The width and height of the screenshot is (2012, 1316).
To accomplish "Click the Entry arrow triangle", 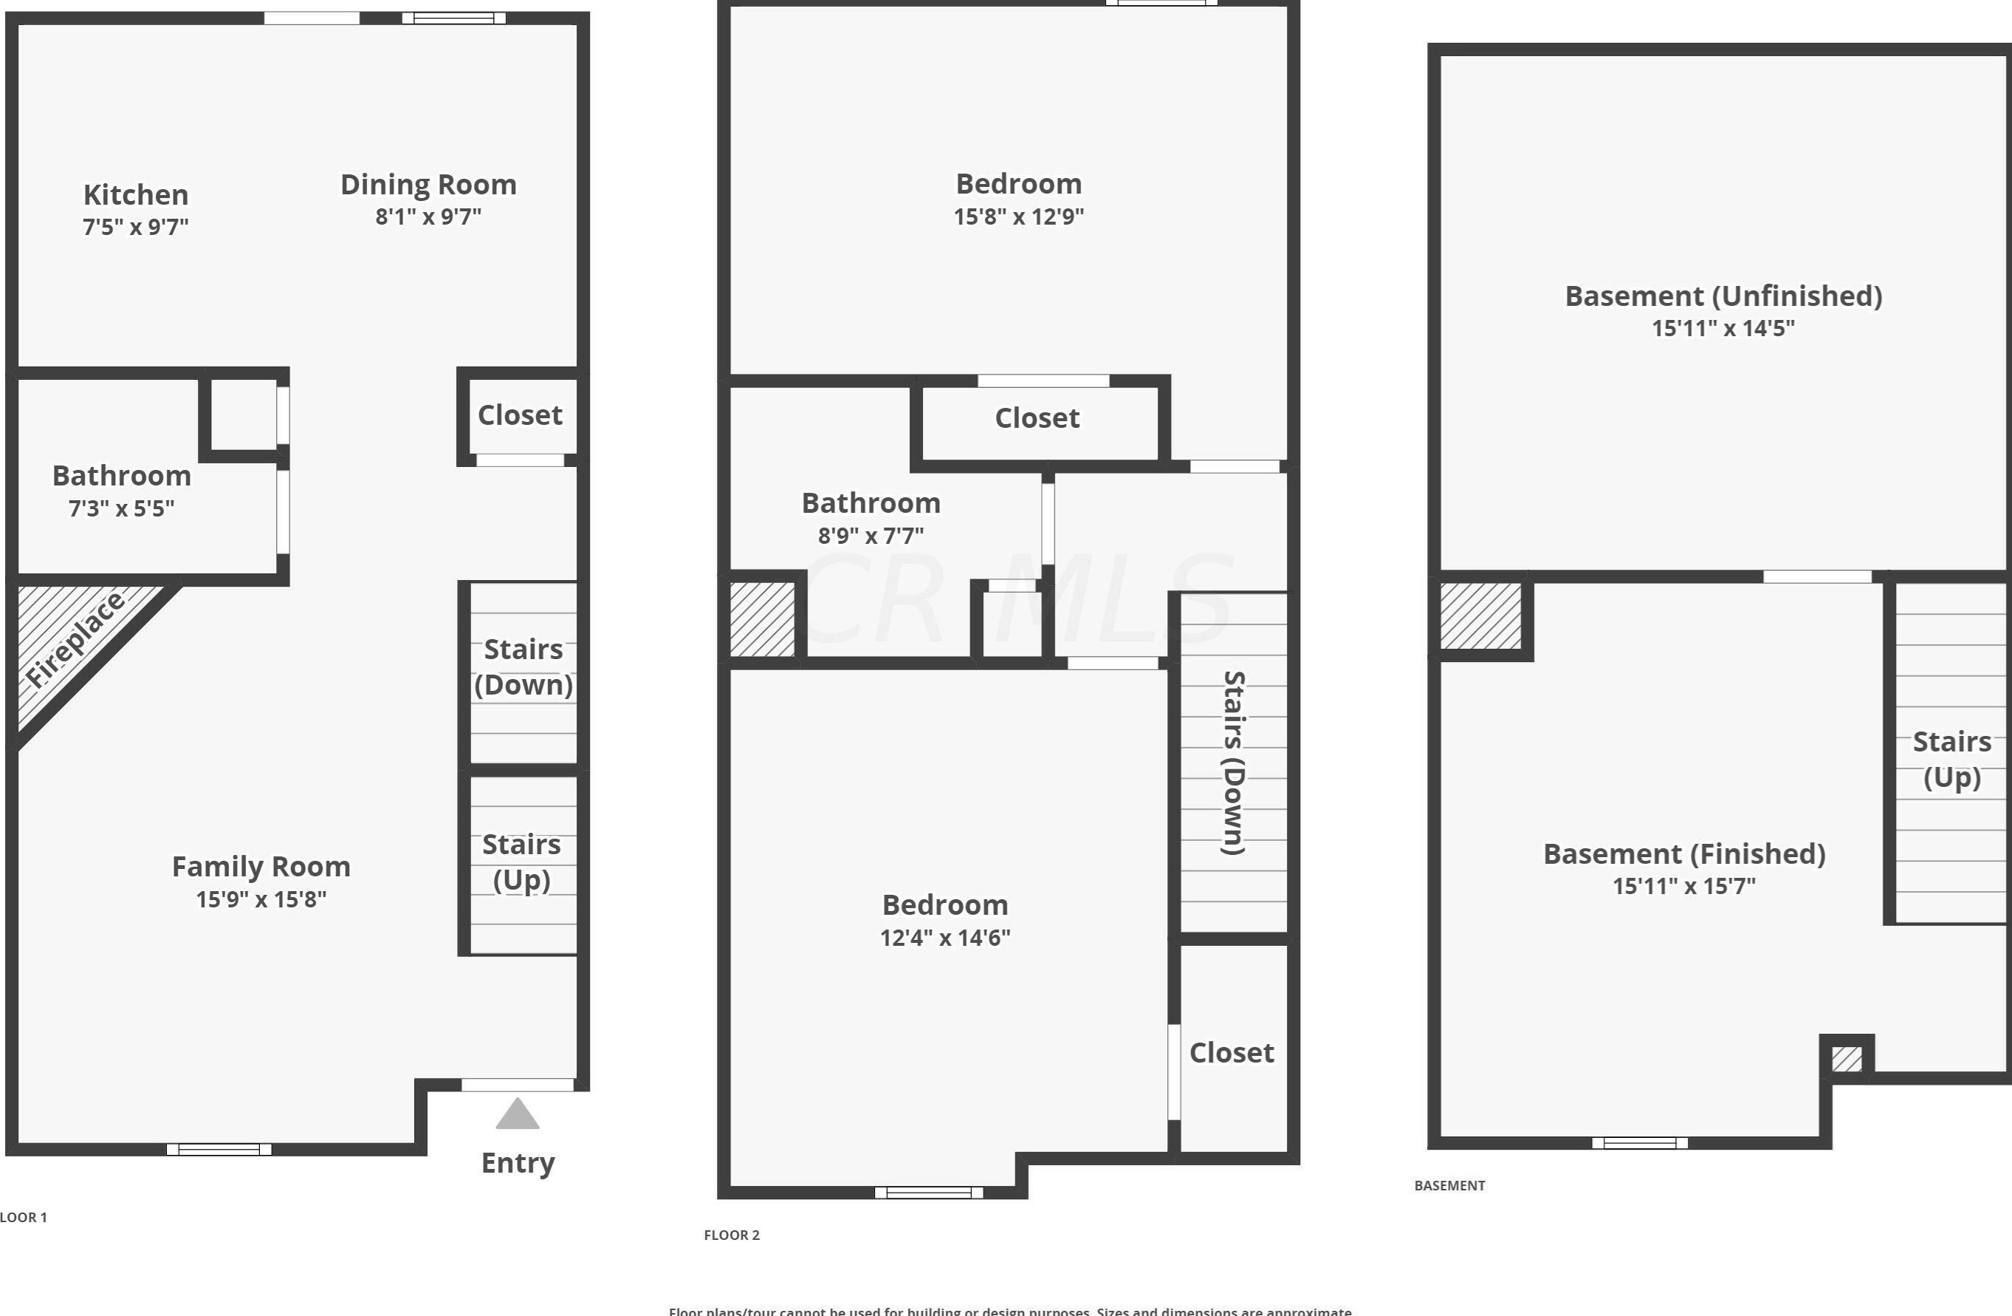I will (518, 1115).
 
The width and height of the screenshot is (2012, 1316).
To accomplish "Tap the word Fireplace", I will (75, 640).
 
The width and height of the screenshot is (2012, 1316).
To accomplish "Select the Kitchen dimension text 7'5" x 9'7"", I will (135, 227).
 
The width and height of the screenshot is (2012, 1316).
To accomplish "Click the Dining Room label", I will (428, 185).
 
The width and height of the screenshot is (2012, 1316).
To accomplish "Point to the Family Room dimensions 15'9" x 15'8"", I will (261, 899).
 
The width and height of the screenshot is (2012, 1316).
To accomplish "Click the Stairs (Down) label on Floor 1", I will (523, 666).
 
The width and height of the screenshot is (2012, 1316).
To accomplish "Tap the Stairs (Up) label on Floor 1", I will (521, 862).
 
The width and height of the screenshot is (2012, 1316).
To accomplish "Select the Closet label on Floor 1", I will (520, 415).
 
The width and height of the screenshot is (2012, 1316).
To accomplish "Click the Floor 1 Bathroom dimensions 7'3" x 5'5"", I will (122, 508).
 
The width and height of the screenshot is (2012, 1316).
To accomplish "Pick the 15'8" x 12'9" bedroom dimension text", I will (1019, 217).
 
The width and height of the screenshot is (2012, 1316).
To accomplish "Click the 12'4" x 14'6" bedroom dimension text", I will (945, 938).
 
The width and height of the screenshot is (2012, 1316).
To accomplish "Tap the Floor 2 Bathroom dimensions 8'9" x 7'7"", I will (871, 536).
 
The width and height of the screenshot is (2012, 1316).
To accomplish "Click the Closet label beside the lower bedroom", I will (1232, 1053).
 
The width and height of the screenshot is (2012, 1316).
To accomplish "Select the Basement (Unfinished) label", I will (1723, 296).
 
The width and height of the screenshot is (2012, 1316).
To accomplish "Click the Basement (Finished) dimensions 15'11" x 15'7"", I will (1684, 887).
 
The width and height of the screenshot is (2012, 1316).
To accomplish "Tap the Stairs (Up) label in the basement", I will (1952, 760).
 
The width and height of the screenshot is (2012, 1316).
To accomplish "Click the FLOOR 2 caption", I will (732, 1235).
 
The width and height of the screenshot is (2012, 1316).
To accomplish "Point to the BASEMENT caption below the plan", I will (1450, 1186).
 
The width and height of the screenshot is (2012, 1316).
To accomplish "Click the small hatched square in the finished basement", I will (1847, 1059).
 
